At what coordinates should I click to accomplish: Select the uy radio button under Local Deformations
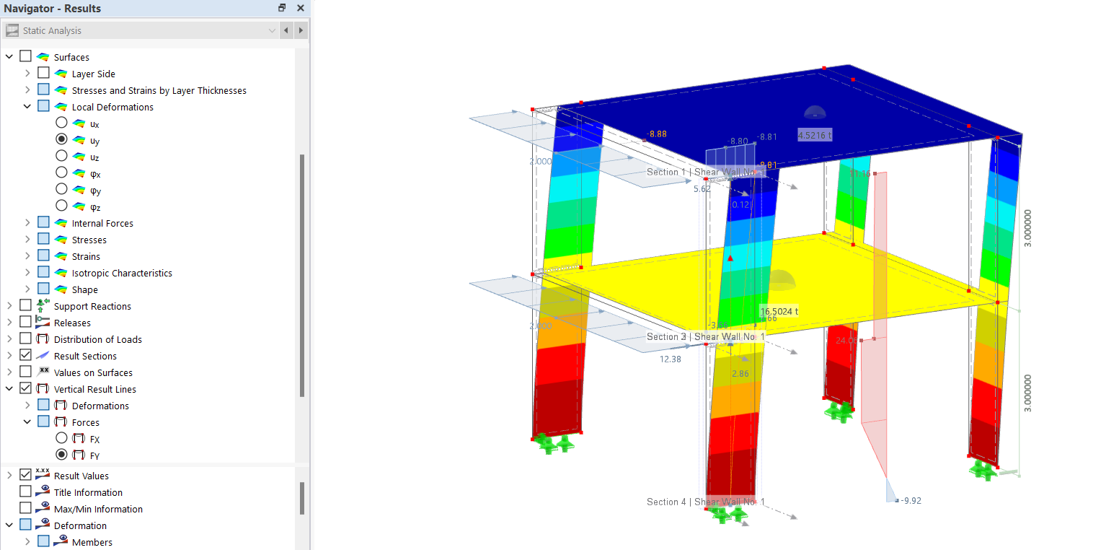[x=61, y=139]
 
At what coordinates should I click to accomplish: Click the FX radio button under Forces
[x=61, y=438]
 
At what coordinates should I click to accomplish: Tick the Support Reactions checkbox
[x=26, y=306]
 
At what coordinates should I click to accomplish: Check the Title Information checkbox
[x=26, y=492]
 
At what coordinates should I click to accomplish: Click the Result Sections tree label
[x=85, y=356]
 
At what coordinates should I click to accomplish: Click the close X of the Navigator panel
[x=300, y=8]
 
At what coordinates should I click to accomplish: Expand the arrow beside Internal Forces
[x=27, y=223]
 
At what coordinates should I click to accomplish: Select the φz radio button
[x=61, y=206]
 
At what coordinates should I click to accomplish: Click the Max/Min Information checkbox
[x=26, y=509]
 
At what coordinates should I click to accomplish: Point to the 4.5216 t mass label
[x=815, y=135]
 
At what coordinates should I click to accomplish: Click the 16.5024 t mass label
[x=779, y=312]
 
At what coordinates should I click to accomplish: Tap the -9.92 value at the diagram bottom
[x=911, y=500]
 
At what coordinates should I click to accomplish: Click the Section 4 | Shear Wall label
[x=705, y=502]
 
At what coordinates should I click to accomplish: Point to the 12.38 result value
[x=670, y=359]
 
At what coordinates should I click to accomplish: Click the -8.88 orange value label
[x=656, y=134]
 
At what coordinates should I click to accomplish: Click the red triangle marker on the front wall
[x=730, y=258]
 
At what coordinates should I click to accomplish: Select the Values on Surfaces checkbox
[x=26, y=372]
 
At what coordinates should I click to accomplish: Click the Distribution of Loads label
[x=98, y=339]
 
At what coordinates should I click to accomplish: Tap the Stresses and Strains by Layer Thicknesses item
[x=159, y=90]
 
